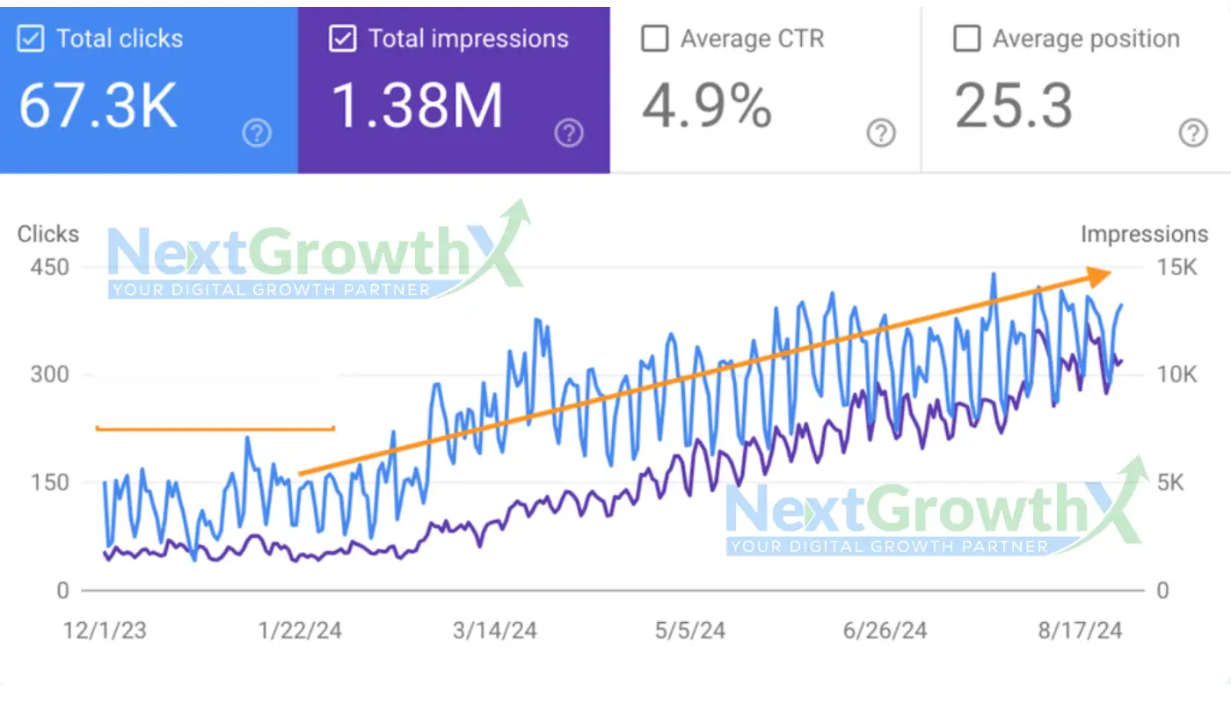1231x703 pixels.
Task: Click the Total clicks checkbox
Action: coord(32,40)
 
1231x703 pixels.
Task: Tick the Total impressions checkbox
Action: coord(342,40)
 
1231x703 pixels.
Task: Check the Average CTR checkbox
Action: coord(654,40)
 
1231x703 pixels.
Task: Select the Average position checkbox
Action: coord(966,40)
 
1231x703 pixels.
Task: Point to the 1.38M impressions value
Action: coord(417,106)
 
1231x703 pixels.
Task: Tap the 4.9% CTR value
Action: coord(706,106)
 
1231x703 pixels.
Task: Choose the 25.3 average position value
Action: coord(1014,106)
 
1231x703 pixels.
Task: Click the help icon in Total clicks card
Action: coord(257,134)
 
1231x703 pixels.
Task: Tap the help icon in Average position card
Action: coord(1193,134)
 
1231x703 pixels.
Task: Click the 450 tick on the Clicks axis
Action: coord(50,267)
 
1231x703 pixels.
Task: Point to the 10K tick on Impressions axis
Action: coord(1176,375)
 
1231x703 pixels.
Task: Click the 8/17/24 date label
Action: coord(1080,631)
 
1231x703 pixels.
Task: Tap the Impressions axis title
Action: coord(1144,235)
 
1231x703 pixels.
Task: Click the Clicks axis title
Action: coord(48,235)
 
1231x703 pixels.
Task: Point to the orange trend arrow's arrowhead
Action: coord(1099,275)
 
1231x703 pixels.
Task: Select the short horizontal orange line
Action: coord(215,429)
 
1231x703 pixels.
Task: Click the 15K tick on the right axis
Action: coord(1176,267)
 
